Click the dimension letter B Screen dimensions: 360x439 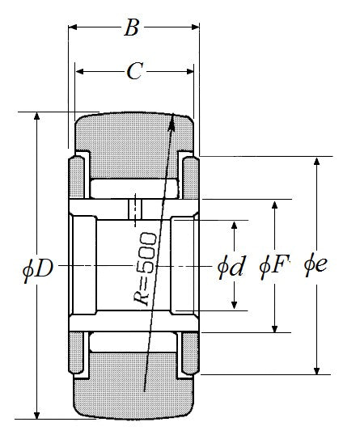(132, 27)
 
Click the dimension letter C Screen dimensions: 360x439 (135, 71)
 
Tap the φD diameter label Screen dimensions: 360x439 (38, 269)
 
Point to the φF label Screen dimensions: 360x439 (274, 266)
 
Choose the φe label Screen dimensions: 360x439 (316, 264)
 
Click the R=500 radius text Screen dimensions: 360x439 (145, 269)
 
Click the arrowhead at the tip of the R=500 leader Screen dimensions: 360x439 (172, 122)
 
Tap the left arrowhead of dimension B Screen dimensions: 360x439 (73, 27)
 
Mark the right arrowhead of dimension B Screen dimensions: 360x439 (195, 27)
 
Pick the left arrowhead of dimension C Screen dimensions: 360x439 (80, 72)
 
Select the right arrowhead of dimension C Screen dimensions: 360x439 (190, 72)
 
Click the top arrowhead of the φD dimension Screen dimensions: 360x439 (36, 116)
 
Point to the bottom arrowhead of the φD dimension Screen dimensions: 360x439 (36, 416)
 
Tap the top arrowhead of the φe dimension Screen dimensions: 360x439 (316, 161)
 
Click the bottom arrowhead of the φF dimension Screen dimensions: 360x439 (275, 329)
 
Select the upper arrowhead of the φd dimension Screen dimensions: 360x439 (235, 225)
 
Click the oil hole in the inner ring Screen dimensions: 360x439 (135, 209)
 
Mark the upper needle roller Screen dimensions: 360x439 (134, 188)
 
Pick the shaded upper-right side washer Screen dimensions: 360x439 (190, 178)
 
